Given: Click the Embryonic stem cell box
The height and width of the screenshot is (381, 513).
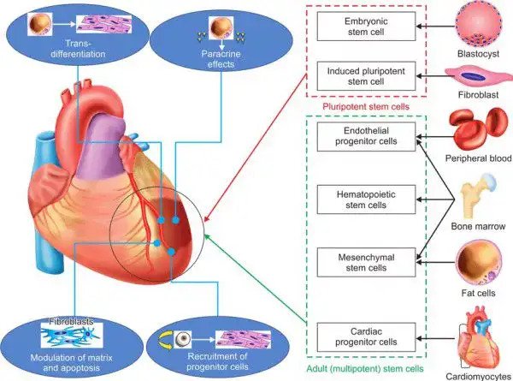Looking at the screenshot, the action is (x=366, y=27).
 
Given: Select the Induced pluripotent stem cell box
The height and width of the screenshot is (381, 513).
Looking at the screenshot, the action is (x=366, y=76).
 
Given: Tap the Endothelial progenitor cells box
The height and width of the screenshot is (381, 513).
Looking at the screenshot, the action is (x=366, y=137).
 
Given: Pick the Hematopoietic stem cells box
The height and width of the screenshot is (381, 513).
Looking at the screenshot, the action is (x=366, y=199).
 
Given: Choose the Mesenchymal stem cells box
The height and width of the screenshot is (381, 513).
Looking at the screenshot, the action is (x=366, y=262).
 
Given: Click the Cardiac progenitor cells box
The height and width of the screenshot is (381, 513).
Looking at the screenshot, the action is (x=366, y=337).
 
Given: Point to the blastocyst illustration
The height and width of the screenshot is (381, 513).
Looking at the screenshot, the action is (x=478, y=26).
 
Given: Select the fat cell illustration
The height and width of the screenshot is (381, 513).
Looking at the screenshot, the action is (x=479, y=262).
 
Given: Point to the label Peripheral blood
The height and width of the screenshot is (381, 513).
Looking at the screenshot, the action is (x=478, y=158).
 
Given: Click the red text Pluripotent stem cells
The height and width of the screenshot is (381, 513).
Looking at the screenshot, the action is (x=366, y=106).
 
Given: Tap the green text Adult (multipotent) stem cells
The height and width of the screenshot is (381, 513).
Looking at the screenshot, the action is (x=365, y=369).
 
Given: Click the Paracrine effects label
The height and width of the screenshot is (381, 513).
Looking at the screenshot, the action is (x=221, y=59).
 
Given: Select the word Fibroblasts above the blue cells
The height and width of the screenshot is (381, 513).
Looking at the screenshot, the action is (x=71, y=321).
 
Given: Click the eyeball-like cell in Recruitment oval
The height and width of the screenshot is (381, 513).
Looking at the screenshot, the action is (x=182, y=339).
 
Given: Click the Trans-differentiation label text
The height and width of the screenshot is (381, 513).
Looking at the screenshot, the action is (x=78, y=49).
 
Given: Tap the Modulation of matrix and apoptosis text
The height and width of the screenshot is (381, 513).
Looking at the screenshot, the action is (x=71, y=362).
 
